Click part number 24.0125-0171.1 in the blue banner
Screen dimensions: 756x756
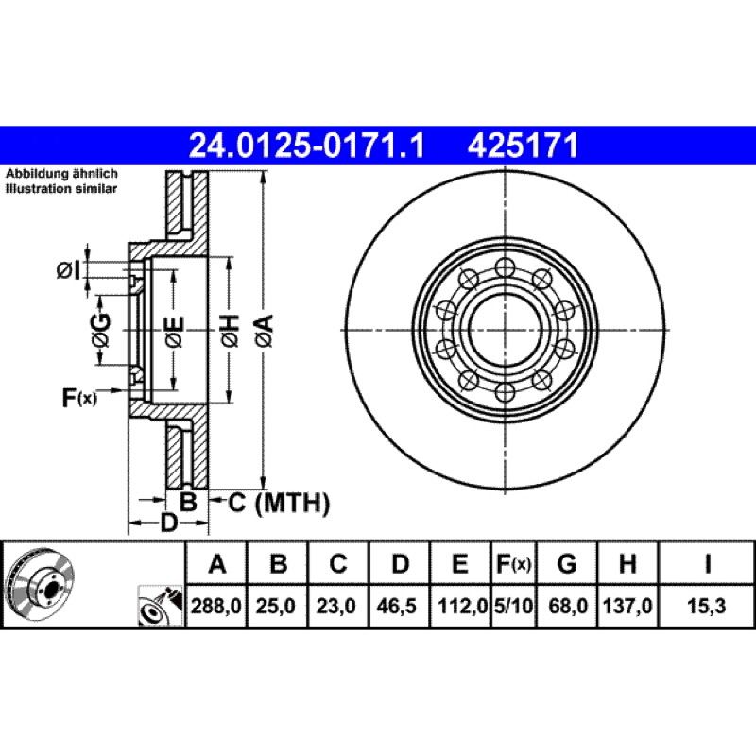coord(306,146)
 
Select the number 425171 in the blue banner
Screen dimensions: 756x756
coord(523,146)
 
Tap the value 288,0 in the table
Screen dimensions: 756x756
coord(216,606)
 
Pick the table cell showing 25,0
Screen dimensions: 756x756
coord(275,606)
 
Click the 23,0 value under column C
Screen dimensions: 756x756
coord(335,606)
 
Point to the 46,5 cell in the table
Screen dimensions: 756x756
coord(396,606)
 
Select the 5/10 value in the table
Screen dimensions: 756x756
coord(513,606)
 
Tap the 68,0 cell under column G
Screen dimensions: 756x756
coord(568,606)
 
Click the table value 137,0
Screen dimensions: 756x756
coord(627,606)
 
